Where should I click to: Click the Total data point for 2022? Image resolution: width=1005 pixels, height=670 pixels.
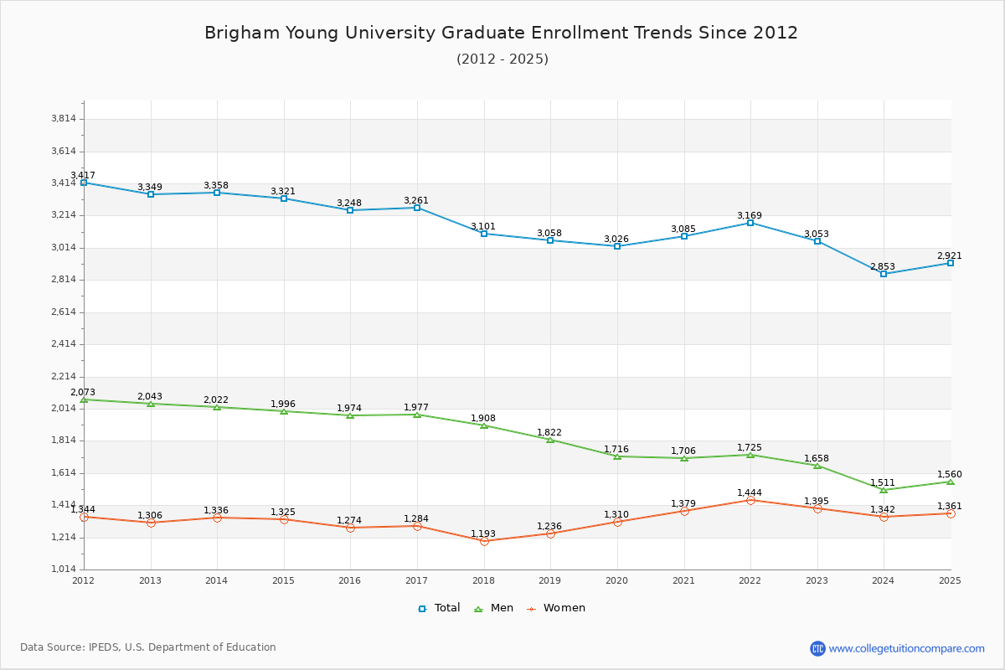(750, 223)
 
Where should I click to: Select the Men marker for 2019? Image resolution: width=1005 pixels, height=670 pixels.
(550, 440)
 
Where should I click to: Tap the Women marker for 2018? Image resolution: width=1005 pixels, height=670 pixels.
(484, 541)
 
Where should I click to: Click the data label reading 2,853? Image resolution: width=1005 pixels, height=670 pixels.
(882, 266)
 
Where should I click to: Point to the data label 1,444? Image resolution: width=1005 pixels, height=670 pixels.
(750, 492)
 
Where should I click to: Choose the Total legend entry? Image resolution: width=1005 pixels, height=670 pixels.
(439, 608)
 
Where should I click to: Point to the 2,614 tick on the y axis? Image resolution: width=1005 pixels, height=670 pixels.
(64, 312)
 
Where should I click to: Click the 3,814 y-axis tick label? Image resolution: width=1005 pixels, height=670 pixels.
(64, 119)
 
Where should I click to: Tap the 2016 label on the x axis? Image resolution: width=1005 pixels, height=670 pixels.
(350, 580)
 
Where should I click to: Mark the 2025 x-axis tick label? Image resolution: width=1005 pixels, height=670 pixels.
(950, 580)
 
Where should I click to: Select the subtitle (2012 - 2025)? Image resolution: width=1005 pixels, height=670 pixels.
(502, 59)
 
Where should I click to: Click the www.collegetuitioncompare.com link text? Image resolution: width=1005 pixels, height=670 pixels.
(907, 648)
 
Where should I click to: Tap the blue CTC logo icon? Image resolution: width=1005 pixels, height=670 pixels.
(817, 648)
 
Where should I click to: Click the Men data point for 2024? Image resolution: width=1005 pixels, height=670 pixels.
(884, 490)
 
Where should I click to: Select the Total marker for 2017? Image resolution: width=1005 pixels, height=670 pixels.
(417, 208)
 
